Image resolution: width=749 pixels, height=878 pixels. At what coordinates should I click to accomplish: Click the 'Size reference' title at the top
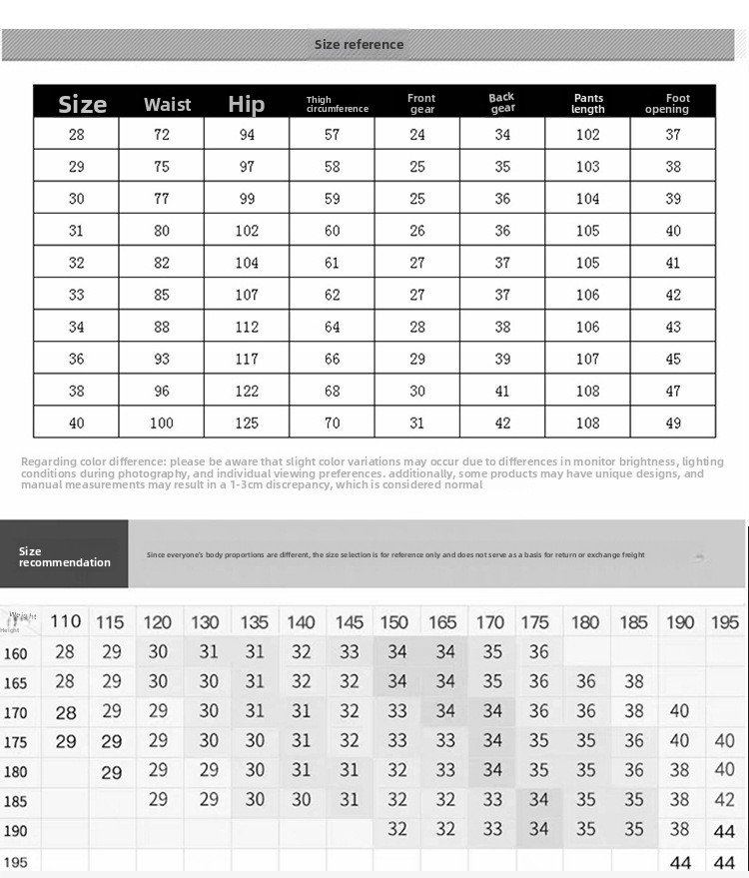359,44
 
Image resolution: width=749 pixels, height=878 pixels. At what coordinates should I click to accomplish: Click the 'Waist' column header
167,104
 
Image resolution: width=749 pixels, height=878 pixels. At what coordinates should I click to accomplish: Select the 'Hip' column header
246,104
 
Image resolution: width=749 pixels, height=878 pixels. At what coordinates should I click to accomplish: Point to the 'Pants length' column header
587,104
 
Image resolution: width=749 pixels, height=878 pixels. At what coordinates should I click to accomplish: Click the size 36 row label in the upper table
77,359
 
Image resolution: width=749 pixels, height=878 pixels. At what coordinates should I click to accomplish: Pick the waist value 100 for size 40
162,423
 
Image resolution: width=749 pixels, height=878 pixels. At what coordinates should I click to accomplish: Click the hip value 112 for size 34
247,327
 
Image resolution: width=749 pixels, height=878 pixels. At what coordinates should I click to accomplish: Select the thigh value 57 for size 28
332,134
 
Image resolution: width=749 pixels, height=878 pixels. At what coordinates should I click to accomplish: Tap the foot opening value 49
673,423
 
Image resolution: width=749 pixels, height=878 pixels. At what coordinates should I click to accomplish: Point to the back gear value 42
502,423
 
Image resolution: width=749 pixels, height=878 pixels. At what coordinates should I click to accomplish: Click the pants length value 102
587,134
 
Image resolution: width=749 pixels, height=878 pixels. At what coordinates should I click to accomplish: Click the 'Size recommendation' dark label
64,556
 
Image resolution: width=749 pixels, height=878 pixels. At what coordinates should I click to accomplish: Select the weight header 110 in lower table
65,621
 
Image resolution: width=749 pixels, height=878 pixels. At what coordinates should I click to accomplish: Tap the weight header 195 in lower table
724,621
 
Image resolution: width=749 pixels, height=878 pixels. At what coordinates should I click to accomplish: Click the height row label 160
16,653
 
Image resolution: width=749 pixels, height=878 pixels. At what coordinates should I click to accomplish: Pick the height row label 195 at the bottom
16,862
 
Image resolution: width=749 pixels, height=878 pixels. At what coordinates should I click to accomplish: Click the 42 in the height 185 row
724,799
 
